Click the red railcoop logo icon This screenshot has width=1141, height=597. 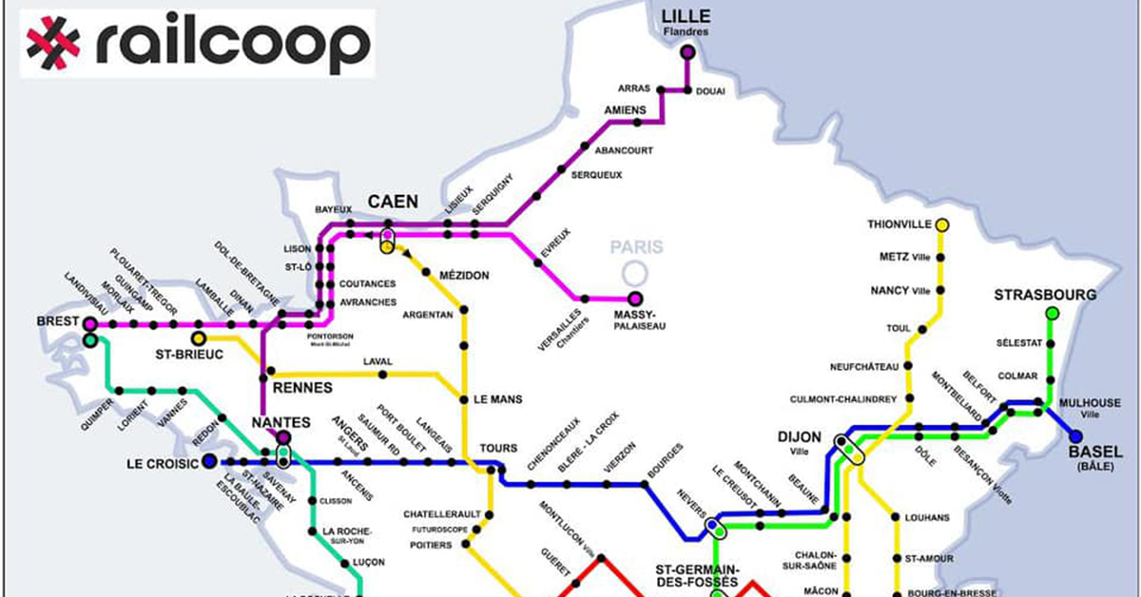click(x=53, y=43)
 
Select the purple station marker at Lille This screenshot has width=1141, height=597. click(x=687, y=52)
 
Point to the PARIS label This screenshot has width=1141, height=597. click(x=636, y=248)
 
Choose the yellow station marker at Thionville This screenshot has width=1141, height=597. click(x=942, y=225)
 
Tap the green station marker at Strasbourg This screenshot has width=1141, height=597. click(x=1052, y=313)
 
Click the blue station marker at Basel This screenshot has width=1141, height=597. click(x=1075, y=436)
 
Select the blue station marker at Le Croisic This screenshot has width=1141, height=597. click(x=208, y=463)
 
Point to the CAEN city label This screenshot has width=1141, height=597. click(x=391, y=202)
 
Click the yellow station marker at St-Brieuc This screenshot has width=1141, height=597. click(x=198, y=338)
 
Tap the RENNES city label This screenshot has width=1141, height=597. click(x=302, y=388)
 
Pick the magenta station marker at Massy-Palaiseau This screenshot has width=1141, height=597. click(x=635, y=298)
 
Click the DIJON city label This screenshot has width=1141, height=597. click(x=800, y=437)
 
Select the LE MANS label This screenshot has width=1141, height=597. click(x=497, y=399)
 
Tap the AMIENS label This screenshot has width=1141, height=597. click(x=625, y=110)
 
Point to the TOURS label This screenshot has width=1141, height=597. click(x=498, y=448)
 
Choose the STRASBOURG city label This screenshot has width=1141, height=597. click(x=1045, y=295)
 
